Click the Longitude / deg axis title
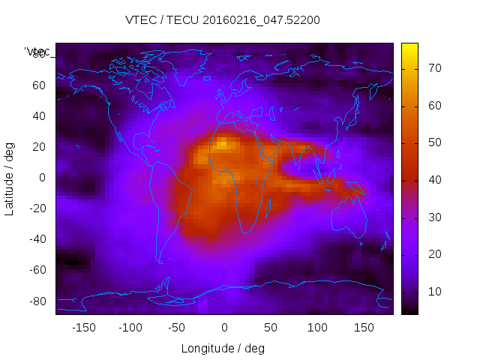[223, 348]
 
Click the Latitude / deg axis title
[10, 177]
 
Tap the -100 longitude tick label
[130, 328]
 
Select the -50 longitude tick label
[177, 328]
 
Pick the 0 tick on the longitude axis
[223, 328]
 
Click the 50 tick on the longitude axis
[270, 328]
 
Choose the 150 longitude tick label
[364, 328]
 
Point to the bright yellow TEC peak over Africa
[222, 144]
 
